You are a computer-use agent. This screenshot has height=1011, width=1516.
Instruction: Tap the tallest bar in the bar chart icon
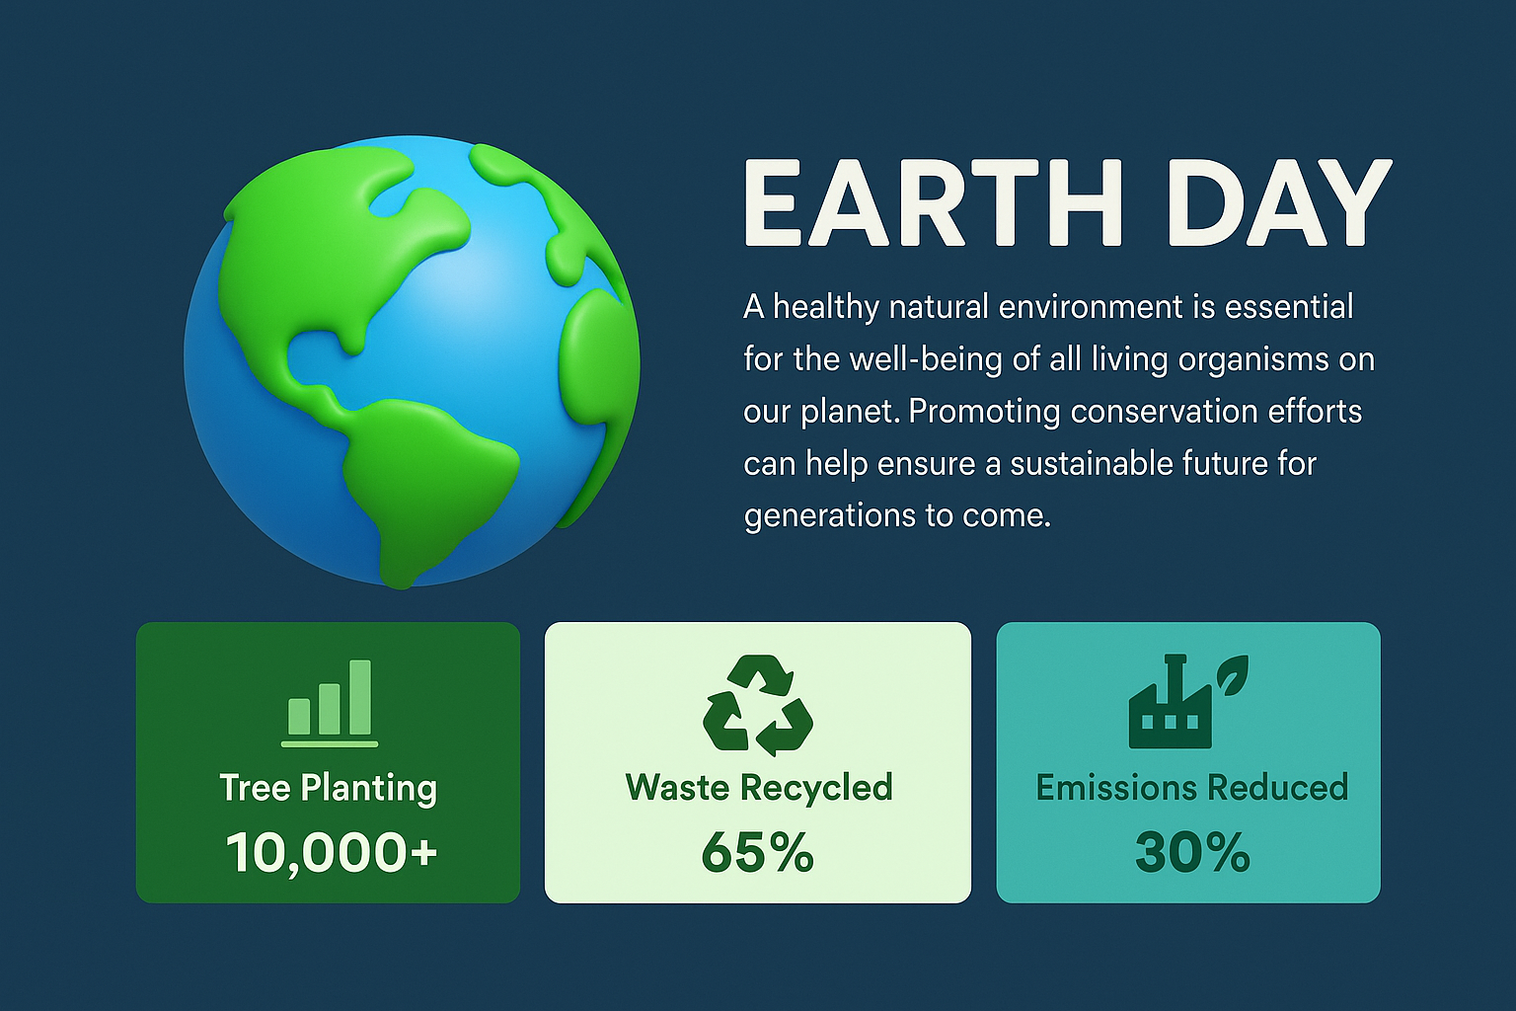(x=360, y=697)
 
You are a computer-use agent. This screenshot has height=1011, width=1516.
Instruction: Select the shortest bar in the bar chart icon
(x=299, y=717)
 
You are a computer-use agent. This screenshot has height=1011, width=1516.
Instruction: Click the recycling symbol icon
(x=758, y=705)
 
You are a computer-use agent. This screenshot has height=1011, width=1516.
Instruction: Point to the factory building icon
(x=1171, y=704)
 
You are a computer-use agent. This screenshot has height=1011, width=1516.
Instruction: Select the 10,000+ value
(x=331, y=852)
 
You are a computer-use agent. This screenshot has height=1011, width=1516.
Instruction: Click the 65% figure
(x=757, y=852)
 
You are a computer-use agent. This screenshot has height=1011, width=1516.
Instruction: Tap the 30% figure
(x=1192, y=852)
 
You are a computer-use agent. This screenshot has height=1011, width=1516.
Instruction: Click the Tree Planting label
(x=329, y=788)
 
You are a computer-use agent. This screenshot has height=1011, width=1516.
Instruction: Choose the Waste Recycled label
(x=759, y=788)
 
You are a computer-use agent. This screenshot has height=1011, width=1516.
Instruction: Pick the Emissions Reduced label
(x=1192, y=788)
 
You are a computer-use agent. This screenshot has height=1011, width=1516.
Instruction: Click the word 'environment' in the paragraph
(x=1091, y=307)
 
